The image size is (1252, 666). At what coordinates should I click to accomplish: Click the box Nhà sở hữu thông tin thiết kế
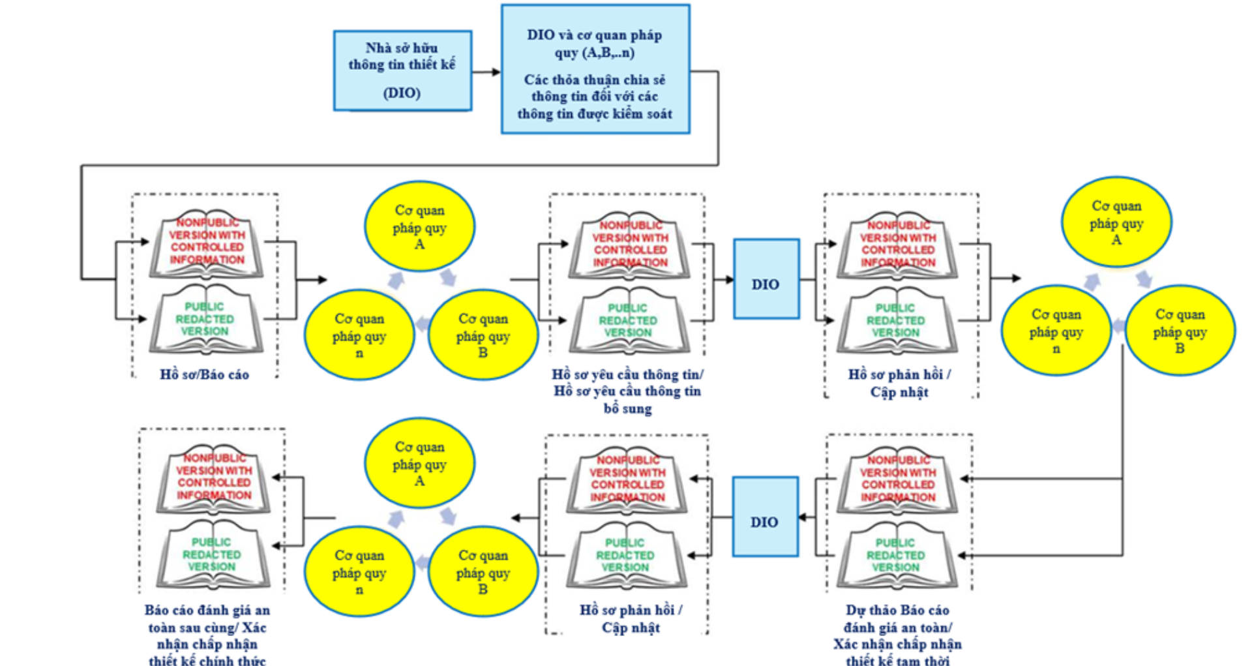tap(402, 70)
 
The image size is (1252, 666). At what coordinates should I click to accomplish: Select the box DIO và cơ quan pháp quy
tap(595, 69)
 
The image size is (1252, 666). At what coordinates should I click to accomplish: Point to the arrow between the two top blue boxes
tap(486, 72)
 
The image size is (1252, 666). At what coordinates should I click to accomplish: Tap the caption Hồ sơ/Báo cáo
tap(204, 374)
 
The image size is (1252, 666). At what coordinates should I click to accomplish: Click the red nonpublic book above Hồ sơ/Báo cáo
tap(207, 243)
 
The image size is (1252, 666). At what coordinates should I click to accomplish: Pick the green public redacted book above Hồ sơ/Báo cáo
tap(205, 319)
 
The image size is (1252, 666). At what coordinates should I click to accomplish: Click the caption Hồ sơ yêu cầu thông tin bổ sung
tap(627, 391)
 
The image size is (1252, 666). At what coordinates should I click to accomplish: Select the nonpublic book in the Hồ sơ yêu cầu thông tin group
tap(630, 245)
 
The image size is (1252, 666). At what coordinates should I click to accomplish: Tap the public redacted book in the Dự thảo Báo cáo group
tap(895, 556)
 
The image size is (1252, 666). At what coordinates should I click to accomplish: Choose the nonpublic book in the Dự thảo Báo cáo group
tap(897, 479)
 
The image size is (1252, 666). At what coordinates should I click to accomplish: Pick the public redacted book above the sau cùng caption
tap(212, 554)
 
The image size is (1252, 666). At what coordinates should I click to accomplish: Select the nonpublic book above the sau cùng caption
tap(214, 477)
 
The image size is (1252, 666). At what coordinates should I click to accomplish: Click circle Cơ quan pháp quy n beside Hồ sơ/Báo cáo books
tap(359, 335)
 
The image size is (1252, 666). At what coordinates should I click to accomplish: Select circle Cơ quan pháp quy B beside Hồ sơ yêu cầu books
tap(483, 335)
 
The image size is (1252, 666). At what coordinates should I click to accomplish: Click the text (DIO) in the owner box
tap(402, 93)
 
